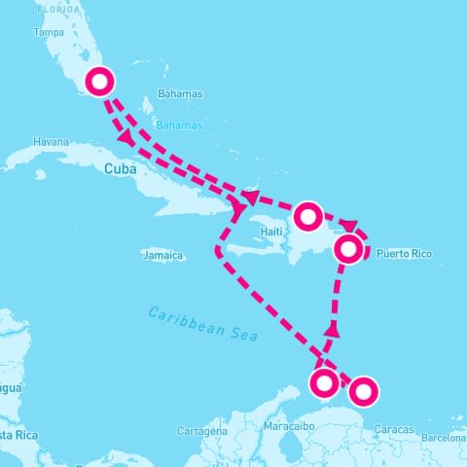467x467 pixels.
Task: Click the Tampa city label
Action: [x=49, y=31]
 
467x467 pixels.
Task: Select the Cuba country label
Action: [x=116, y=168]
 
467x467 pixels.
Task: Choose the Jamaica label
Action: [x=162, y=256]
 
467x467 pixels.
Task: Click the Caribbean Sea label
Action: [x=203, y=324]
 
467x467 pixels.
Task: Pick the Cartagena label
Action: [x=202, y=430]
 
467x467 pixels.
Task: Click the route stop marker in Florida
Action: [x=100, y=82]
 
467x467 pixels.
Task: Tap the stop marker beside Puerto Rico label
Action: [x=349, y=249]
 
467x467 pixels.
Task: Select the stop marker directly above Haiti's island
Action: [x=307, y=215]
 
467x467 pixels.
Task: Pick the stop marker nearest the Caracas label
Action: [x=362, y=391]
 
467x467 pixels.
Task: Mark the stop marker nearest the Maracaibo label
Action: [x=326, y=381]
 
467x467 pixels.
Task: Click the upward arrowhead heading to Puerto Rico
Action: [x=333, y=331]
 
